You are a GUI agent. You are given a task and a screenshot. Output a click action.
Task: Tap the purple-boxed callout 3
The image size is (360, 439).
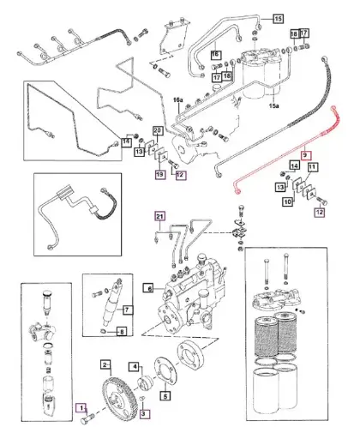[144, 413]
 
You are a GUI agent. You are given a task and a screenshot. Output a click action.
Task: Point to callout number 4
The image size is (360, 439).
[135, 366]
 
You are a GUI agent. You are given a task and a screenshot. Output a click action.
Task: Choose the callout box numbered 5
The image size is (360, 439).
[165, 396]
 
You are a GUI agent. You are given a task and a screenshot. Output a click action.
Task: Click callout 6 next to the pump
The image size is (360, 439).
[147, 290]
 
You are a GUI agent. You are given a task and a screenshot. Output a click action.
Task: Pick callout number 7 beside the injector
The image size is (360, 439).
[129, 310]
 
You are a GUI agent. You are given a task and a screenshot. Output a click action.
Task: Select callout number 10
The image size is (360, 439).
[288, 201]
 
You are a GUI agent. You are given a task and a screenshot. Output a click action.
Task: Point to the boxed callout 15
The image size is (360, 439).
[277, 17]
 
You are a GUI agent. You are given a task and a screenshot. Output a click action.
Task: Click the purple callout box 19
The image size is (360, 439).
[159, 174]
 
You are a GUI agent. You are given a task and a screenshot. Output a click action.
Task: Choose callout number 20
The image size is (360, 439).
[157, 131]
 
